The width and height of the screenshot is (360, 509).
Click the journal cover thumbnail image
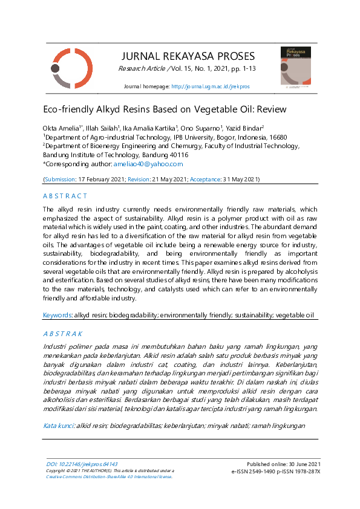point(295,66)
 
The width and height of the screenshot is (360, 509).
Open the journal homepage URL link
point(210,87)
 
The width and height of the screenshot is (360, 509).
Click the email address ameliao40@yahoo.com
point(148,164)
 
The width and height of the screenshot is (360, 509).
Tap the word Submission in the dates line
point(59,180)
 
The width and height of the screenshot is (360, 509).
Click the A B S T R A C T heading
point(65,196)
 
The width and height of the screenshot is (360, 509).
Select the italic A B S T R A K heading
point(63,334)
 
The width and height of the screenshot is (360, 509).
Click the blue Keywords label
point(57,316)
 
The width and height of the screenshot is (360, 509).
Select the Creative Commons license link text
point(109,476)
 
